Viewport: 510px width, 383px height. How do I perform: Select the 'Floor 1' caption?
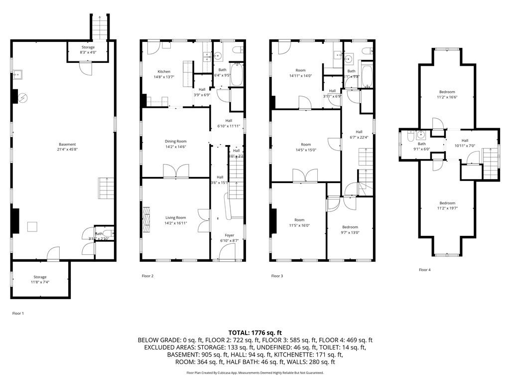click(x=18, y=313)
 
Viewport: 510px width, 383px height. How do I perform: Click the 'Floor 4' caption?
click(x=424, y=270)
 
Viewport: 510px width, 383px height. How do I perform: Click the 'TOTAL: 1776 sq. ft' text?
click(x=255, y=333)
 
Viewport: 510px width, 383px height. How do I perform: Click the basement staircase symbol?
click(x=106, y=188)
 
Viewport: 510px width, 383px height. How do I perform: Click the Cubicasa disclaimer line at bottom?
click(x=255, y=373)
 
